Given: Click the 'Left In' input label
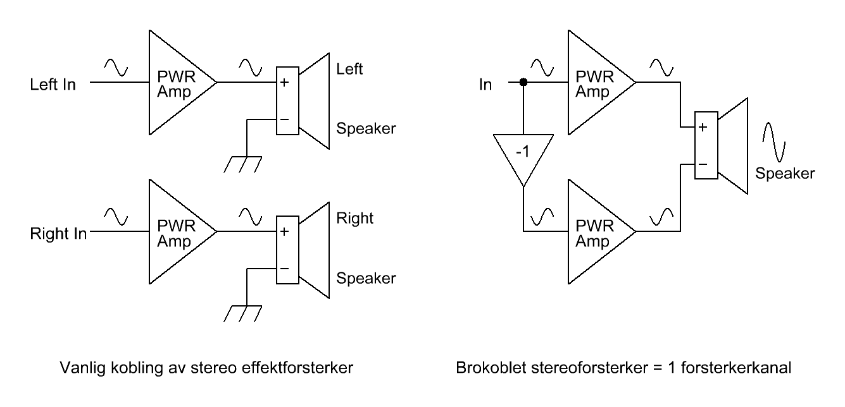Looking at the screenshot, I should pos(53,84).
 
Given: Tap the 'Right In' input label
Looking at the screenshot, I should pos(58,233).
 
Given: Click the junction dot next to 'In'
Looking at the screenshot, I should pos(523,82).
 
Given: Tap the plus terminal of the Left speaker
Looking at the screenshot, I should pos(285,82).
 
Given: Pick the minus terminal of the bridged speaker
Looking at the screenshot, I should pos(704,164).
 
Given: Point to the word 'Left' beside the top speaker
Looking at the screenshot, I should pos(349,69).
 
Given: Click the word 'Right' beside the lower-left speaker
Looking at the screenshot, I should pos(354,219).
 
